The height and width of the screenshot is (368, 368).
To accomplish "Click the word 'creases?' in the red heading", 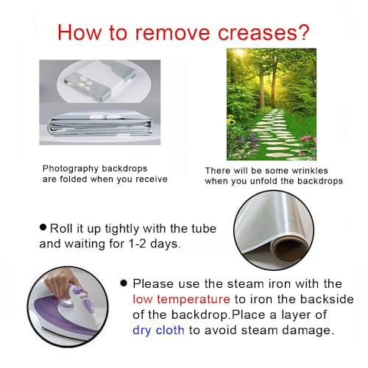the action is tap(263, 32).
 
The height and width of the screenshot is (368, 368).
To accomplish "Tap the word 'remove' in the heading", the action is tap(173, 32).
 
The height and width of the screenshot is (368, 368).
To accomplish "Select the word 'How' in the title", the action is tap(79, 32).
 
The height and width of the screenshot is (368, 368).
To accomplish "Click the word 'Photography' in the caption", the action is tap(71, 169).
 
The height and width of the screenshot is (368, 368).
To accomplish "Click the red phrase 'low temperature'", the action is tap(181, 299).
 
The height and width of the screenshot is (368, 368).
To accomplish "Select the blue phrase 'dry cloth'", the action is tap(158, 330).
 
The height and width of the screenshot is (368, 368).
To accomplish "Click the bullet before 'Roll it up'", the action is tap(43, 227).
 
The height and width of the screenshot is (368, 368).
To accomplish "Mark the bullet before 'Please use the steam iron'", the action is tap(124, 283).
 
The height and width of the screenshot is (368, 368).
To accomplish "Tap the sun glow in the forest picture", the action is tap(239, 52).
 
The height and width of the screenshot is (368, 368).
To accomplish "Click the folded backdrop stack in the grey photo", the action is tap(100, 126).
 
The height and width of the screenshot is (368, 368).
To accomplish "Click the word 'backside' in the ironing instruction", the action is tap(327, 299).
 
